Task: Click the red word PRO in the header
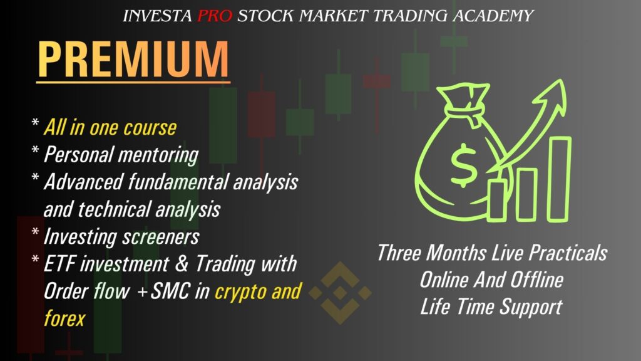[215, 16]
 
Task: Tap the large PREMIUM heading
[133, 59]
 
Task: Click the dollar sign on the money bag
[464, 165]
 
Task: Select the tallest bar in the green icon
[559, 179]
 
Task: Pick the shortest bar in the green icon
[496, 200]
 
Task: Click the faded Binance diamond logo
[340, 293]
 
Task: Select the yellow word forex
[64, 318]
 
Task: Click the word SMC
[170, 291]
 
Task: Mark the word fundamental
[178, 182]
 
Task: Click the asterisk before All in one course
[35, 122]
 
